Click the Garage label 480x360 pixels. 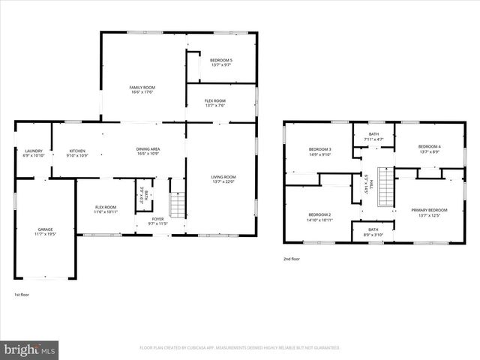coord(46,231)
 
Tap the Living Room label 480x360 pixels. coord(223,178)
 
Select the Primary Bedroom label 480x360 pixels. coord(429,212)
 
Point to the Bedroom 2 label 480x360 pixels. coord(319,217)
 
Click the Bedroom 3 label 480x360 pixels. coord(320,152)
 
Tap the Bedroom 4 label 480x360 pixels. coord(429,148)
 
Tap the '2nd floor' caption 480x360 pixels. coord(292,259)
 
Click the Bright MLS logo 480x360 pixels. coord(30,349)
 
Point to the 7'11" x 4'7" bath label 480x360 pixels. coord(373,136)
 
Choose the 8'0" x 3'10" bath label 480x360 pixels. coord(373,232)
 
